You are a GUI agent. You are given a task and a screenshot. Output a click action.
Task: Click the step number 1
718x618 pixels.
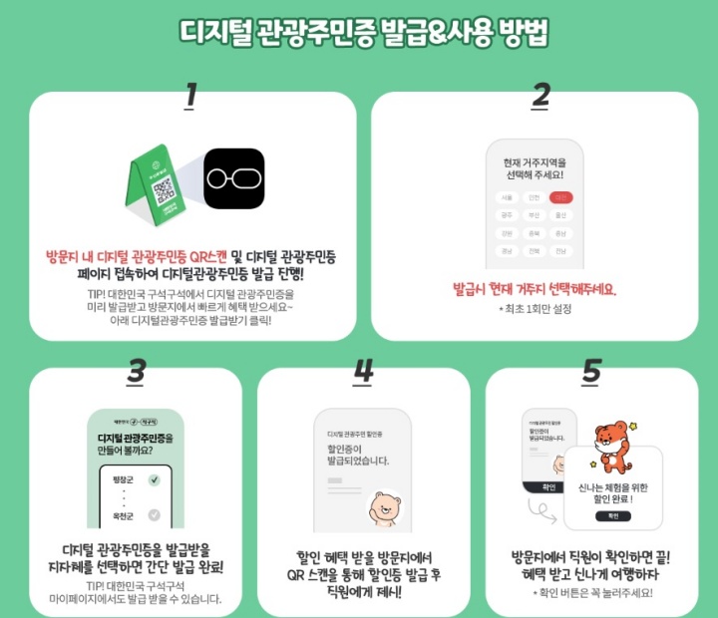[x=190, y=97]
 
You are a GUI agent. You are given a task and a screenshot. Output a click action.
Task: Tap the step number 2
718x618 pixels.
[x=540, y=97]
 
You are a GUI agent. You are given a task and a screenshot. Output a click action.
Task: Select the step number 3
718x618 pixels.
[x=136, y=371]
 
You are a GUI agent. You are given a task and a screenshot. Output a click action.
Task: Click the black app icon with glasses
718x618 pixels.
[x=234, y=180]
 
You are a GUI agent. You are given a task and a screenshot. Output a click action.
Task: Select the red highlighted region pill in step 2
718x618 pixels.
[x=561, y=197]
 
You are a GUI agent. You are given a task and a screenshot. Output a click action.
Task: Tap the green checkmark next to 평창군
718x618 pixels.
[x=154, y=480]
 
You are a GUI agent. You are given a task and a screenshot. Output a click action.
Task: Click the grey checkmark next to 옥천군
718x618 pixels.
[x=154, y=515]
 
